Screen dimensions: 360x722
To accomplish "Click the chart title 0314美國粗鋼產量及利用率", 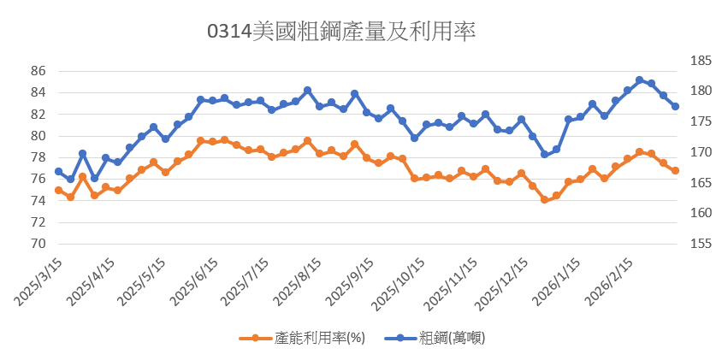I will tap(341, 32).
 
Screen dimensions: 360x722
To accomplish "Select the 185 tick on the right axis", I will tap(700, 62).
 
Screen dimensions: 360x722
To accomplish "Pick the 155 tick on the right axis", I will tap(700, 244).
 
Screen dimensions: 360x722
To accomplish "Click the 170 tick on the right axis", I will tap(700, 152).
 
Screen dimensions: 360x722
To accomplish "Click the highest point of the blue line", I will tap(639, 80).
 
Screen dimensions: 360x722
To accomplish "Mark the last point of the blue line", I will tap(675, 107).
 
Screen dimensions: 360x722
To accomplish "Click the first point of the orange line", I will tap(58, 190).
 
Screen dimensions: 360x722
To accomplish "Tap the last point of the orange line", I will tap(675, 171).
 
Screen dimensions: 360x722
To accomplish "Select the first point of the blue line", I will tap(58, 172).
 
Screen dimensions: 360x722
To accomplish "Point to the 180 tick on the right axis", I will tap(700, 91).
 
